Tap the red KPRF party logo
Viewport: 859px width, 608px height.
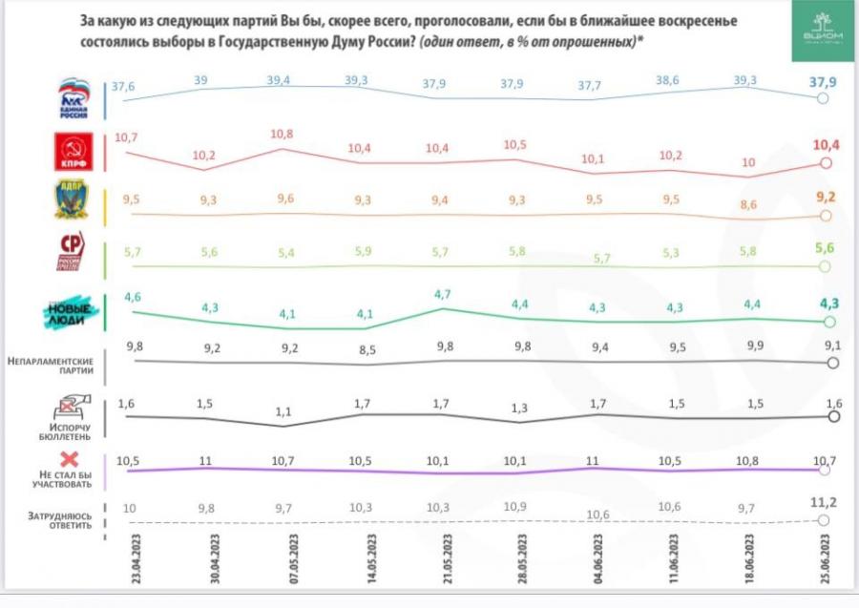click(x=73, y=153)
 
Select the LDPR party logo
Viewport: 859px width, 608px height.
click(x=73, y=200)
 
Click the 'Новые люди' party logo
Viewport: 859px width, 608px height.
click(x=73, y=312)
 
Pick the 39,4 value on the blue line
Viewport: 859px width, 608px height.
click(x=279, y=80)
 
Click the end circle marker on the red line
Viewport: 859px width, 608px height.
click(x=827, y=163)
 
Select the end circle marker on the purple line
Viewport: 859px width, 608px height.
click(x=827, y=469)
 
